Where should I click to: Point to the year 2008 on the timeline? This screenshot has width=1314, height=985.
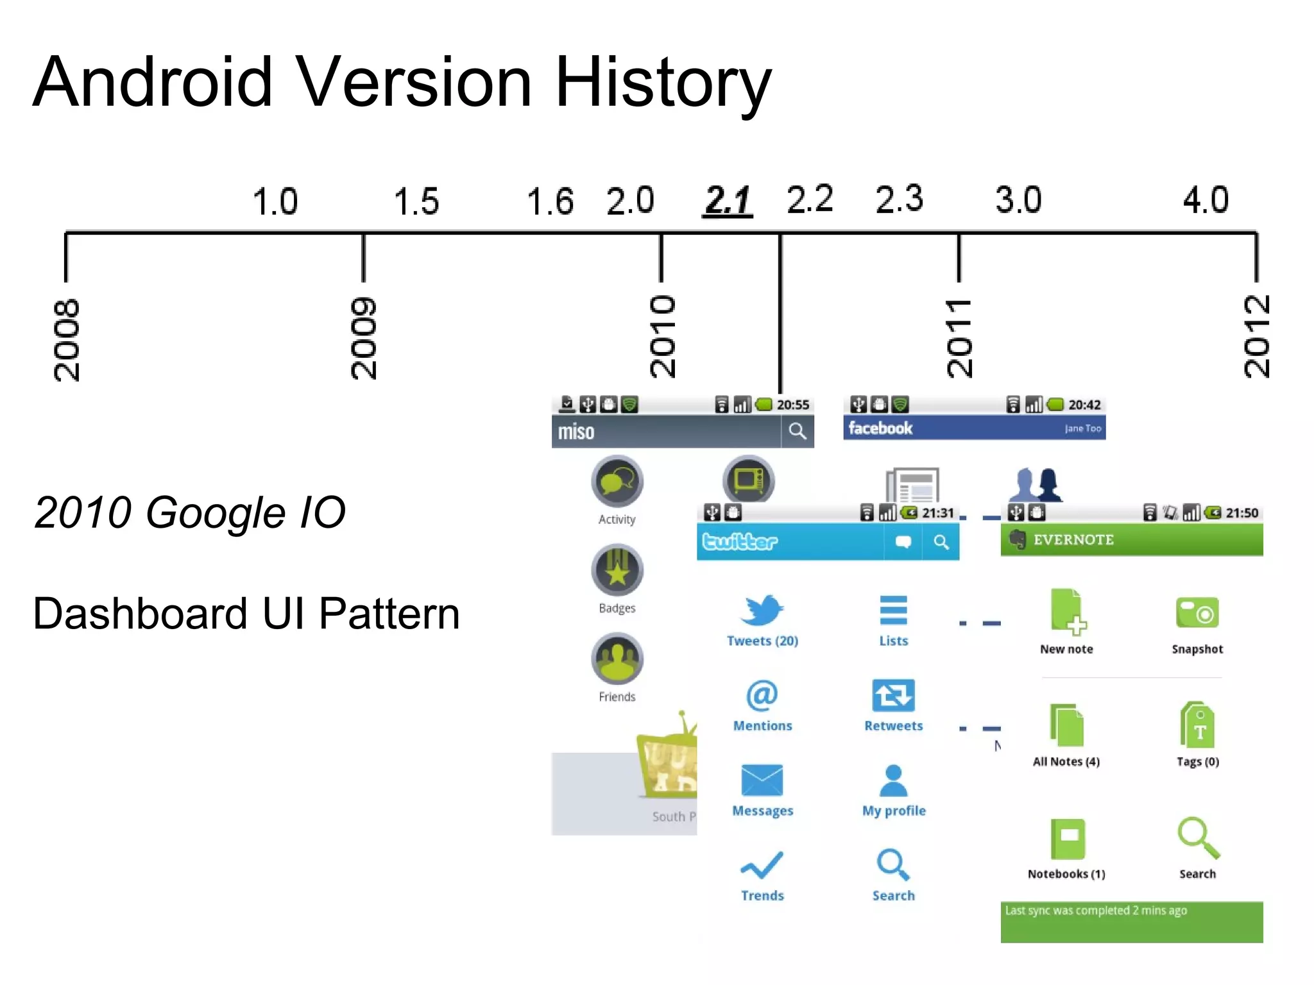(67, 339)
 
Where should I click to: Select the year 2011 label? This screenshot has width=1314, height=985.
(959, 338)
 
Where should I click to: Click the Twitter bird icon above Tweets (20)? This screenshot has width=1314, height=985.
(762, 610)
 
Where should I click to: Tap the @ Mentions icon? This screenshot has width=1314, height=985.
(762, 695)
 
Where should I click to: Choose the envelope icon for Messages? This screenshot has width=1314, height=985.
(762, 780)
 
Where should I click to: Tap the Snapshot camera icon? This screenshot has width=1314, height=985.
(1197, 613)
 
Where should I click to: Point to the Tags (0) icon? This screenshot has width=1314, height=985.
(1197, 725)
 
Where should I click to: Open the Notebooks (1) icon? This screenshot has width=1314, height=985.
(1068, 839)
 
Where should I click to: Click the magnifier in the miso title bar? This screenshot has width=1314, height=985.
(797, 431)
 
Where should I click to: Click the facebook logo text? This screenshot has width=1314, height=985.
(880, 428)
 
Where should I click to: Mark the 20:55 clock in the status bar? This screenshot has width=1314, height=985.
(793, 405)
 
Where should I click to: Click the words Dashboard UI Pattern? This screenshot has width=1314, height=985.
(246, 614)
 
